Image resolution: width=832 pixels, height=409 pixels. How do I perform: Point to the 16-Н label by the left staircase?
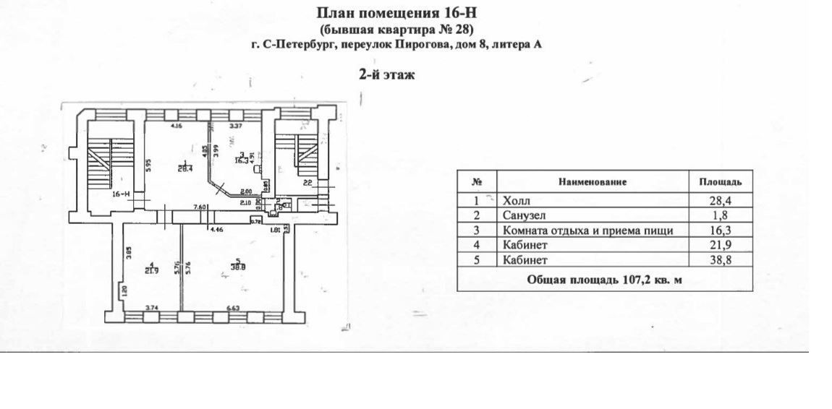(x=121, y=194)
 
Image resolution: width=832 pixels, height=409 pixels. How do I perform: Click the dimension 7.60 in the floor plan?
(x=200, y=207)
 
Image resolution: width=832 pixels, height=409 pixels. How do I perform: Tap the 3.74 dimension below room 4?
(x=150, y=308)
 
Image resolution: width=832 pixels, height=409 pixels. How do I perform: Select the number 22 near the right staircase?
(x=307, y=181)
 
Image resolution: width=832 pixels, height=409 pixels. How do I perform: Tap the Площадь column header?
(x=719, y=182)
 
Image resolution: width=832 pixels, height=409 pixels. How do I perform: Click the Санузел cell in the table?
(x=522, y=216)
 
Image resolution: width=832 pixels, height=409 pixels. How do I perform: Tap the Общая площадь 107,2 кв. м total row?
(x=604, y=280)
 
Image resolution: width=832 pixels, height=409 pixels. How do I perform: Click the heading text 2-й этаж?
(x=387, y=74)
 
